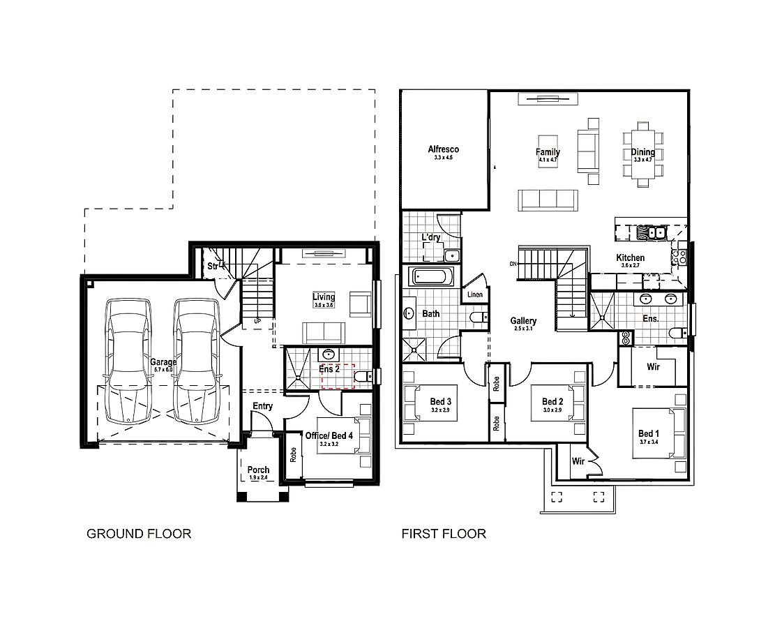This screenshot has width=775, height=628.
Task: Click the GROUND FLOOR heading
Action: click(138, 534)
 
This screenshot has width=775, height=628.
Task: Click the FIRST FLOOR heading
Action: click(444, 534)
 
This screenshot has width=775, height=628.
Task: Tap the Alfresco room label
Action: click(444, 149)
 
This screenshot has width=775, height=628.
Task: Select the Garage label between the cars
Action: click(163, 362)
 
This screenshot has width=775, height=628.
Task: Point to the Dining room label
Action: click(643, 152)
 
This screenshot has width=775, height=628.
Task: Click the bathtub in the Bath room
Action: click(431, 277)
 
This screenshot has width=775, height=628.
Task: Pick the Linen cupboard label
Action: click(475, 295)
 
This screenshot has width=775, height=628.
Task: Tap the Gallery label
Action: click(522, 321)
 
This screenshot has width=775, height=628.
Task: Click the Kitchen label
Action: click(630, 258)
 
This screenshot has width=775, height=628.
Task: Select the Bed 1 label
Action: click(649, 434)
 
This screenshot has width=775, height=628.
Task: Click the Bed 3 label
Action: click(441, 401)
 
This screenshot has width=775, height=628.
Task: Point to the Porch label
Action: click(258, 470)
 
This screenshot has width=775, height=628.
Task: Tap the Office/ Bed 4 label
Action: click(329, 435)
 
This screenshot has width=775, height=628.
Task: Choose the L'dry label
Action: click(430, 237)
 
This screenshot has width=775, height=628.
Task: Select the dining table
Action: click(643, 154)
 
